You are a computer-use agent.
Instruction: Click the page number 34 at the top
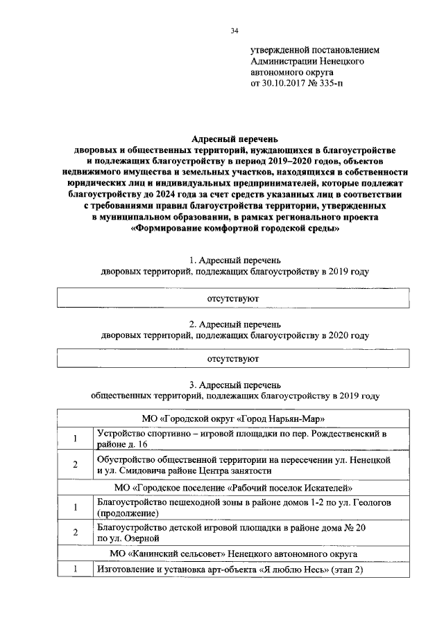[x=234, y=30]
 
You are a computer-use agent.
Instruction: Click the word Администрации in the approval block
[x=283, y=61]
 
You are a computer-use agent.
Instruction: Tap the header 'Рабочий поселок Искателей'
[x=233, y=488]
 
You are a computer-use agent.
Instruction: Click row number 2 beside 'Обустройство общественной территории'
[x=74, y=464]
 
